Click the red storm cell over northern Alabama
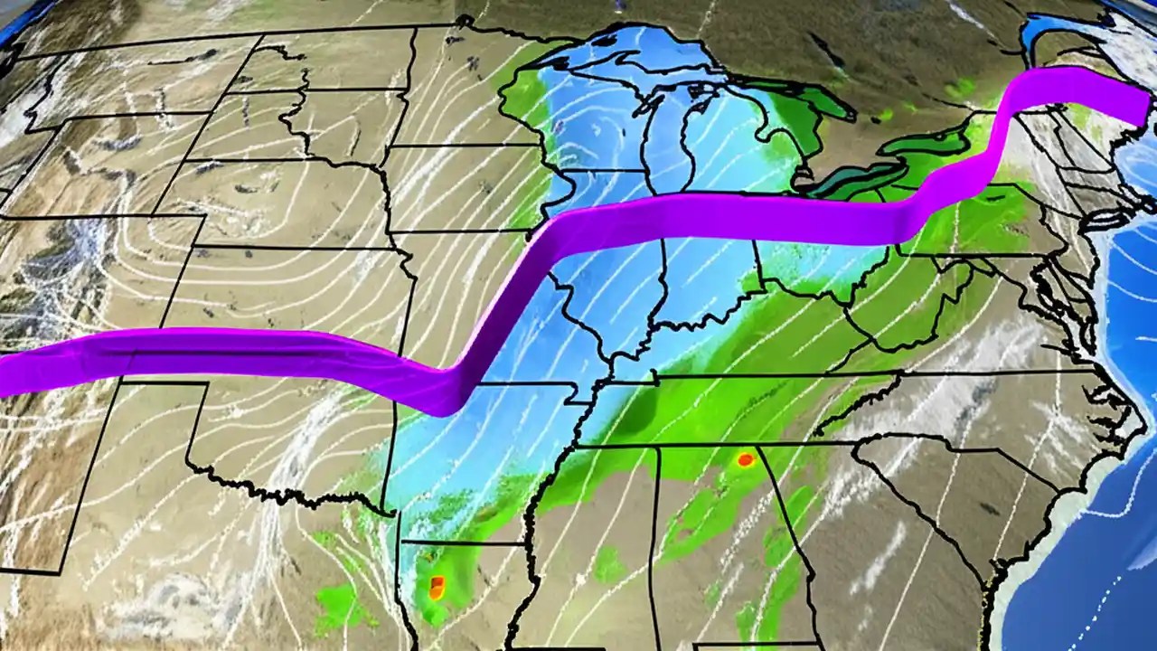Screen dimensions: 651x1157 coord(745,459)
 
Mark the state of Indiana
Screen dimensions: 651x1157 coord(705,289)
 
